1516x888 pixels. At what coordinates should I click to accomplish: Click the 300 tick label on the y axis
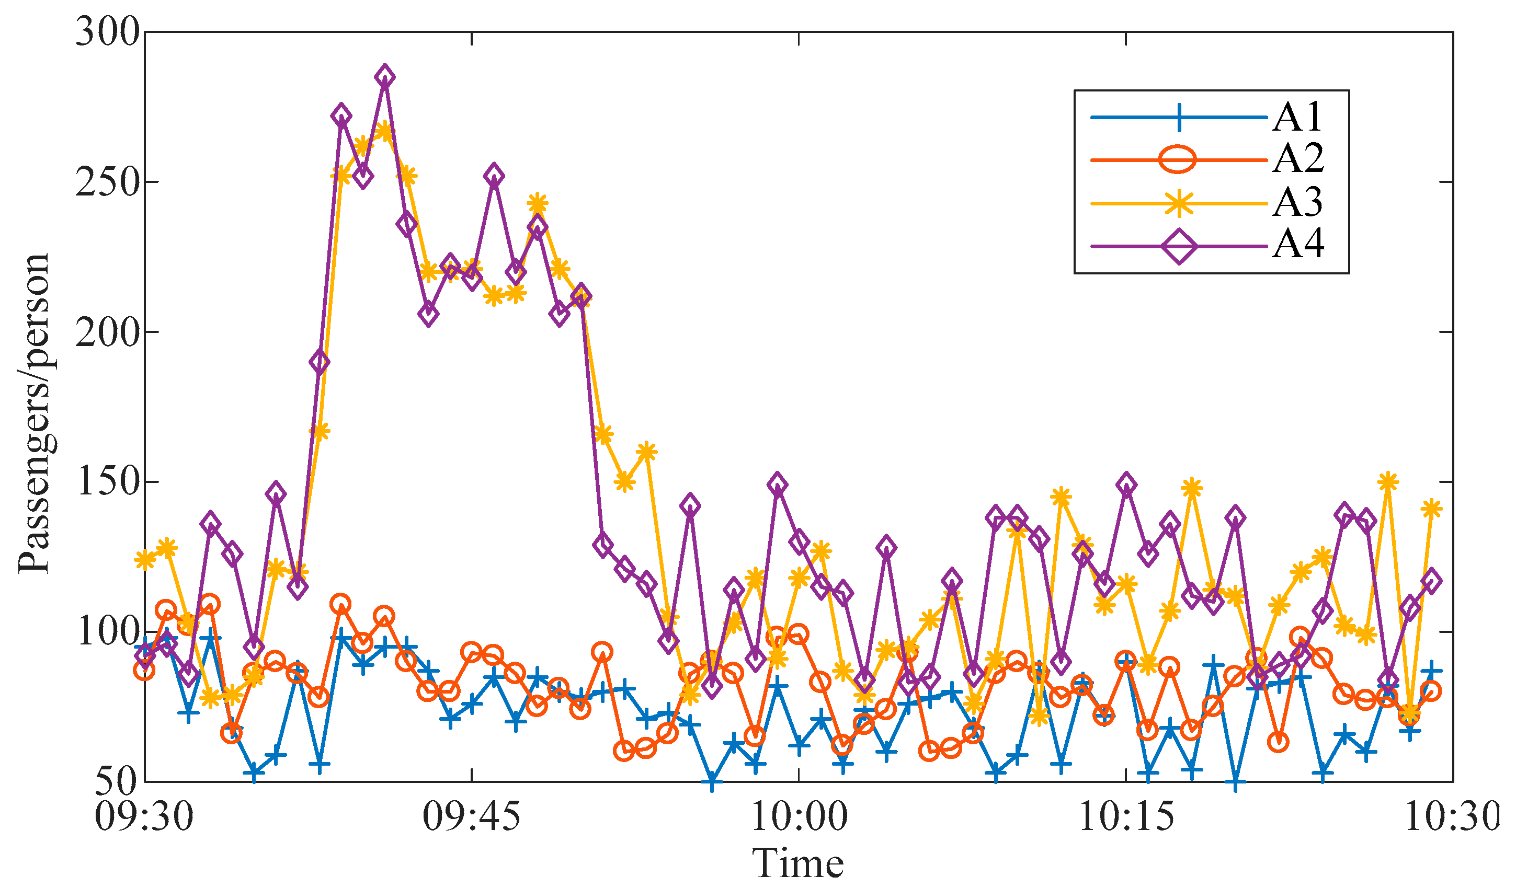[107, 32]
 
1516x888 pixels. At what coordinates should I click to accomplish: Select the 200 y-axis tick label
[107, 332]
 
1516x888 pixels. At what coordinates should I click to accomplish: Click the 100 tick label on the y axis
[107, 632]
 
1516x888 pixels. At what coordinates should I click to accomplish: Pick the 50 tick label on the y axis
[118, 781]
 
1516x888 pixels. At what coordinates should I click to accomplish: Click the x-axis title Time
[799, 863]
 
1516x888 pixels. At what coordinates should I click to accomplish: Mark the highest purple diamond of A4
[385, 77]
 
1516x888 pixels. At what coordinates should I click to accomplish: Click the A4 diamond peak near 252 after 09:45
[494, 176]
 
